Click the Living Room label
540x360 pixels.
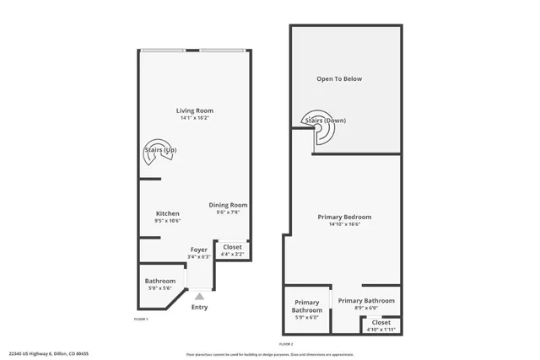pos(194,110)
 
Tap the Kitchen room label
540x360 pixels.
pos(168,213)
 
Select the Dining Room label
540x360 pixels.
pos(228,205)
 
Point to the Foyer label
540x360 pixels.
pos(199,250)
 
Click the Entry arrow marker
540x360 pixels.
pos(199,296)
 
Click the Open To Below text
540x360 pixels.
pos(339,79)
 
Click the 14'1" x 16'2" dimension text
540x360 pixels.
pos(194,118)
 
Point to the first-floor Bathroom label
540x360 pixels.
pos(159,281)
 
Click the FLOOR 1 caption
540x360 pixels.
pos(142,319)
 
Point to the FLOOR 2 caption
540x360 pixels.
pos(286,344)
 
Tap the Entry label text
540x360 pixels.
pos(199,307)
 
